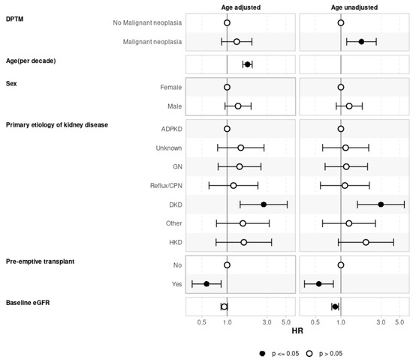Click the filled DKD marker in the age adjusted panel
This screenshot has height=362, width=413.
point(264,205)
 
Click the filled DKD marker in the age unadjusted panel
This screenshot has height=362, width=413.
point(381,205)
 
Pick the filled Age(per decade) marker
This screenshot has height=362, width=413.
point(248,64)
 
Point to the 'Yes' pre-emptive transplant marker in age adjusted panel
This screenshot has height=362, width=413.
point(206,283)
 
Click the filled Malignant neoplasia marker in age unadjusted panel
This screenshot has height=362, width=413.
point(361,42)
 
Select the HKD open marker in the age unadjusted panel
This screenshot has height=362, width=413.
point(366,242)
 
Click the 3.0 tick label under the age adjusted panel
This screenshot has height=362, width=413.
point(268,323)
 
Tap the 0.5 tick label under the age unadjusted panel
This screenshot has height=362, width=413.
point(315,323)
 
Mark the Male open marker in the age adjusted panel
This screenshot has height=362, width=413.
point(238,106)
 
